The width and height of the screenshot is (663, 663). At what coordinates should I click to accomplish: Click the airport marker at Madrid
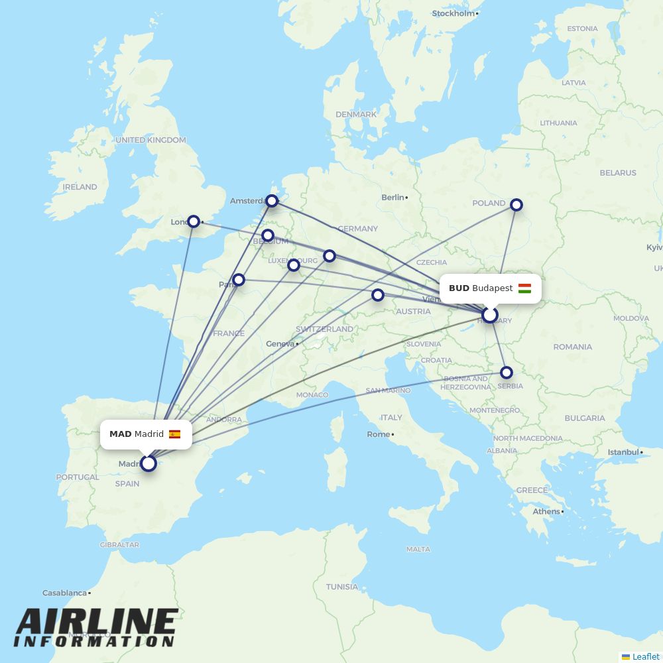pos(149,463)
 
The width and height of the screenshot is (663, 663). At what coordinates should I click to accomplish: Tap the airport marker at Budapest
pos(489,315)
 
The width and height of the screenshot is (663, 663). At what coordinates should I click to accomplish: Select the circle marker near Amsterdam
pos(272,201)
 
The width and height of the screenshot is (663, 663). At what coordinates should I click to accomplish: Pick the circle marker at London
pos(193,221)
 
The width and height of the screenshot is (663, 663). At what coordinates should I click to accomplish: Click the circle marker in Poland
pos(516,205)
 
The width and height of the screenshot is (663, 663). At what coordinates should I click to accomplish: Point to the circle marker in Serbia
pos(507,373)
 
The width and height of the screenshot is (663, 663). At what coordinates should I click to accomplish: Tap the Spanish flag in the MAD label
pos(174,434)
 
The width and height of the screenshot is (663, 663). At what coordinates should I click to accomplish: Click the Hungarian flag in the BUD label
pos(524,288)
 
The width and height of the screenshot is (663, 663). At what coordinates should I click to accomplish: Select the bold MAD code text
pos(120,434)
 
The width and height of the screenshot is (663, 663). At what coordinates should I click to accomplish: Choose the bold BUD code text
pos(459,288)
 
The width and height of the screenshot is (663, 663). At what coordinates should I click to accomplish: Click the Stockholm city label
pos(453,13)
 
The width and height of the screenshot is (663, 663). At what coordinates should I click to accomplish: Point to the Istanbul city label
pos(623,452)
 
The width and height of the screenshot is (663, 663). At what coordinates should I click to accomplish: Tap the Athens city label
pos(546,512)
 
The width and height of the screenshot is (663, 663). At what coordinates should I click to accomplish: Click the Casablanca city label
pos(65,593)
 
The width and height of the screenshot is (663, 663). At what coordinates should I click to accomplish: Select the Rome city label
pos(378,434)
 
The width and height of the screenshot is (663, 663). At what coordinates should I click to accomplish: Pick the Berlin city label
pos(392,198)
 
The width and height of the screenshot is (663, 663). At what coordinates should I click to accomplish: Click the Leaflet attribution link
pos(645,656)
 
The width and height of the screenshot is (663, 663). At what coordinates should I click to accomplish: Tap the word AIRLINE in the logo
pos(97,622)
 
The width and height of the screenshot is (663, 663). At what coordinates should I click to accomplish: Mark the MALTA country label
pos(418,549)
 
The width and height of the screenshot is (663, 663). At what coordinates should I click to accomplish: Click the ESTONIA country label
pos(582,29)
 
